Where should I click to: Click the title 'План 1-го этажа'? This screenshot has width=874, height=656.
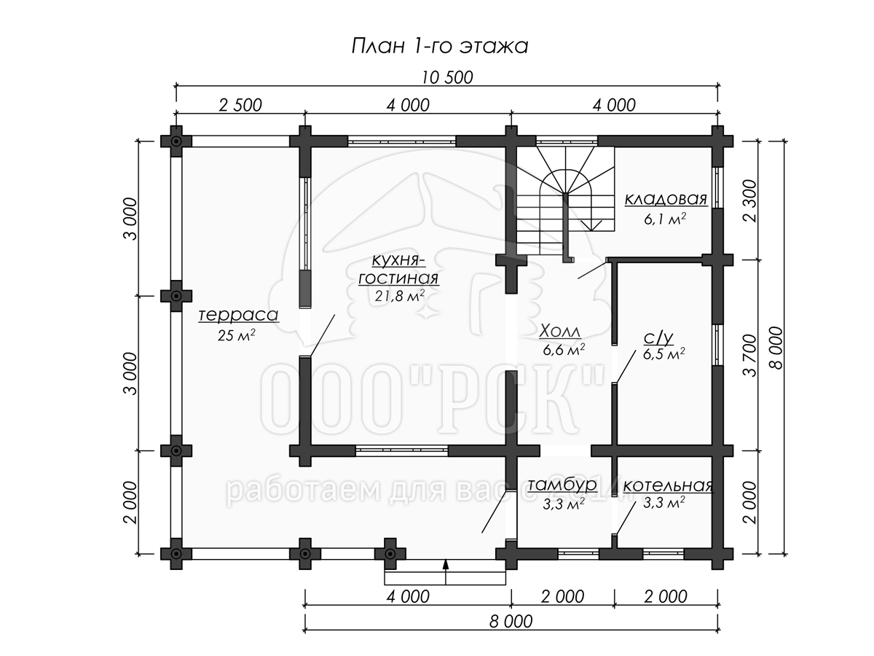coord(439,47)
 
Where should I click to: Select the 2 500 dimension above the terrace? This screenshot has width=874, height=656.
coord(240,105)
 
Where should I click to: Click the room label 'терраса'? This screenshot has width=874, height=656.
coord(228,316)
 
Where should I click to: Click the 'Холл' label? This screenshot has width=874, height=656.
coord(561,332)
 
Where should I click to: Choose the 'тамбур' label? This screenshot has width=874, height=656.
coord(562,485)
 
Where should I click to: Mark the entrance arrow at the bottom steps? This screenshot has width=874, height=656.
coord(445,565)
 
